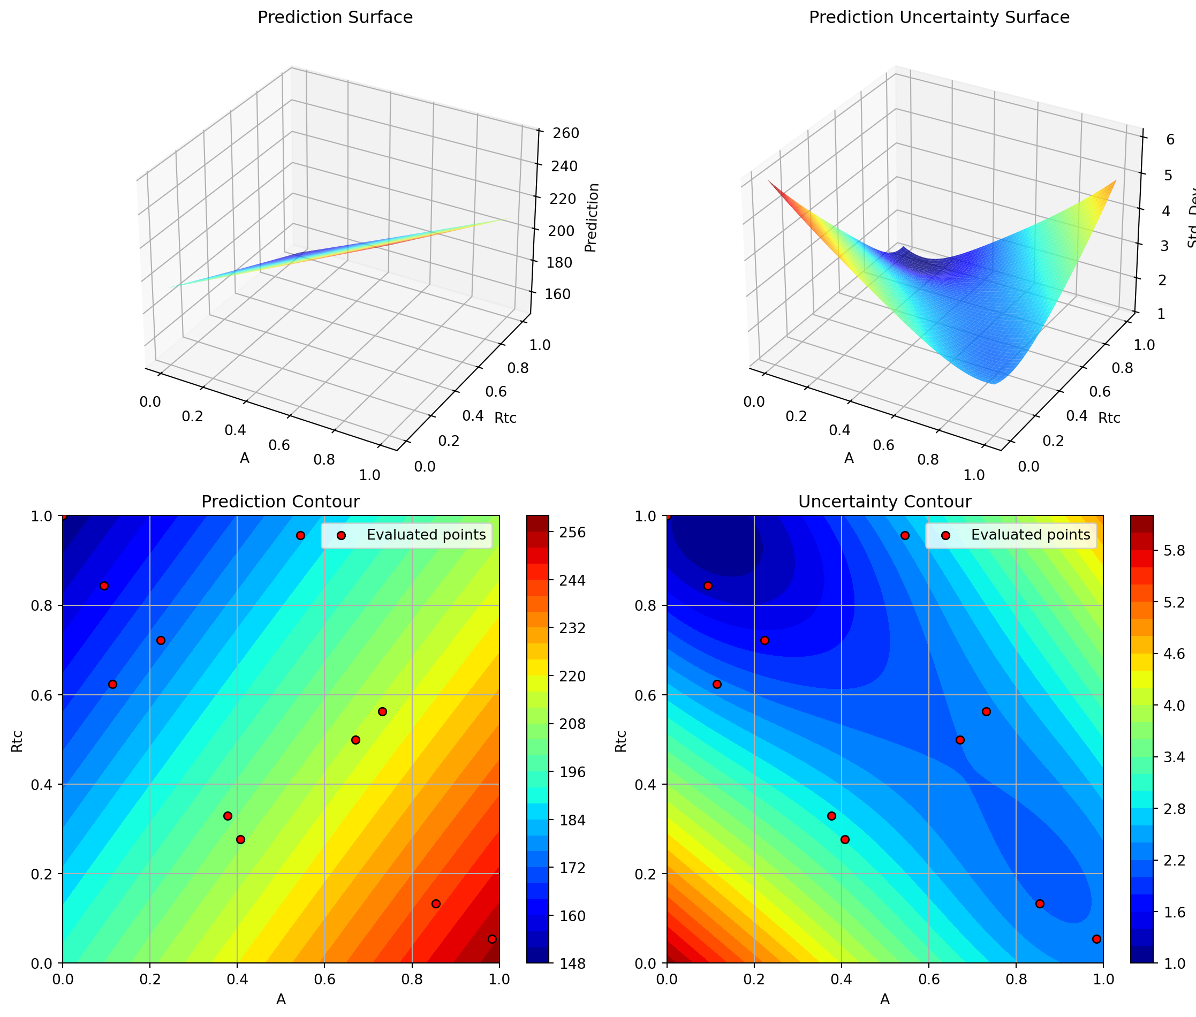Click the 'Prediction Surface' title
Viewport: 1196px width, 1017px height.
[x=335, y=18]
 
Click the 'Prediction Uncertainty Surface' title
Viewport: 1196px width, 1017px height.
[x=939, y=18]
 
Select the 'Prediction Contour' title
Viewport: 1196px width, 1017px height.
[x=280, y=502]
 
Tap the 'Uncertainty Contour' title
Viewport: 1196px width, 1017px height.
[x=884, y=502]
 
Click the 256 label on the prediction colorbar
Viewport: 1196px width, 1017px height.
[x=573, y=533]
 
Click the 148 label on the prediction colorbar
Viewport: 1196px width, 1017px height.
[x=573, y=963]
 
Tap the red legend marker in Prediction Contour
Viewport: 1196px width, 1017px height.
[x=342, y=536]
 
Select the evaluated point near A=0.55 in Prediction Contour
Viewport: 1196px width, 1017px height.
[x=300, y=536]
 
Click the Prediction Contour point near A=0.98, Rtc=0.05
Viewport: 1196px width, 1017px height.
[x=492, y=939]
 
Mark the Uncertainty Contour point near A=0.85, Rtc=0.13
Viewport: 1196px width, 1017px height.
[x=1040, y=904]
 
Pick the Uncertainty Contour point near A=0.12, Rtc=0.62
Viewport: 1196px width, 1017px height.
[x=717, y=685]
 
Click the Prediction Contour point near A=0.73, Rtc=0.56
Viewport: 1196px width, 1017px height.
[x=382, y=711]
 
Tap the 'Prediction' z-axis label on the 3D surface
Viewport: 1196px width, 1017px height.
[x=592, y=217]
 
